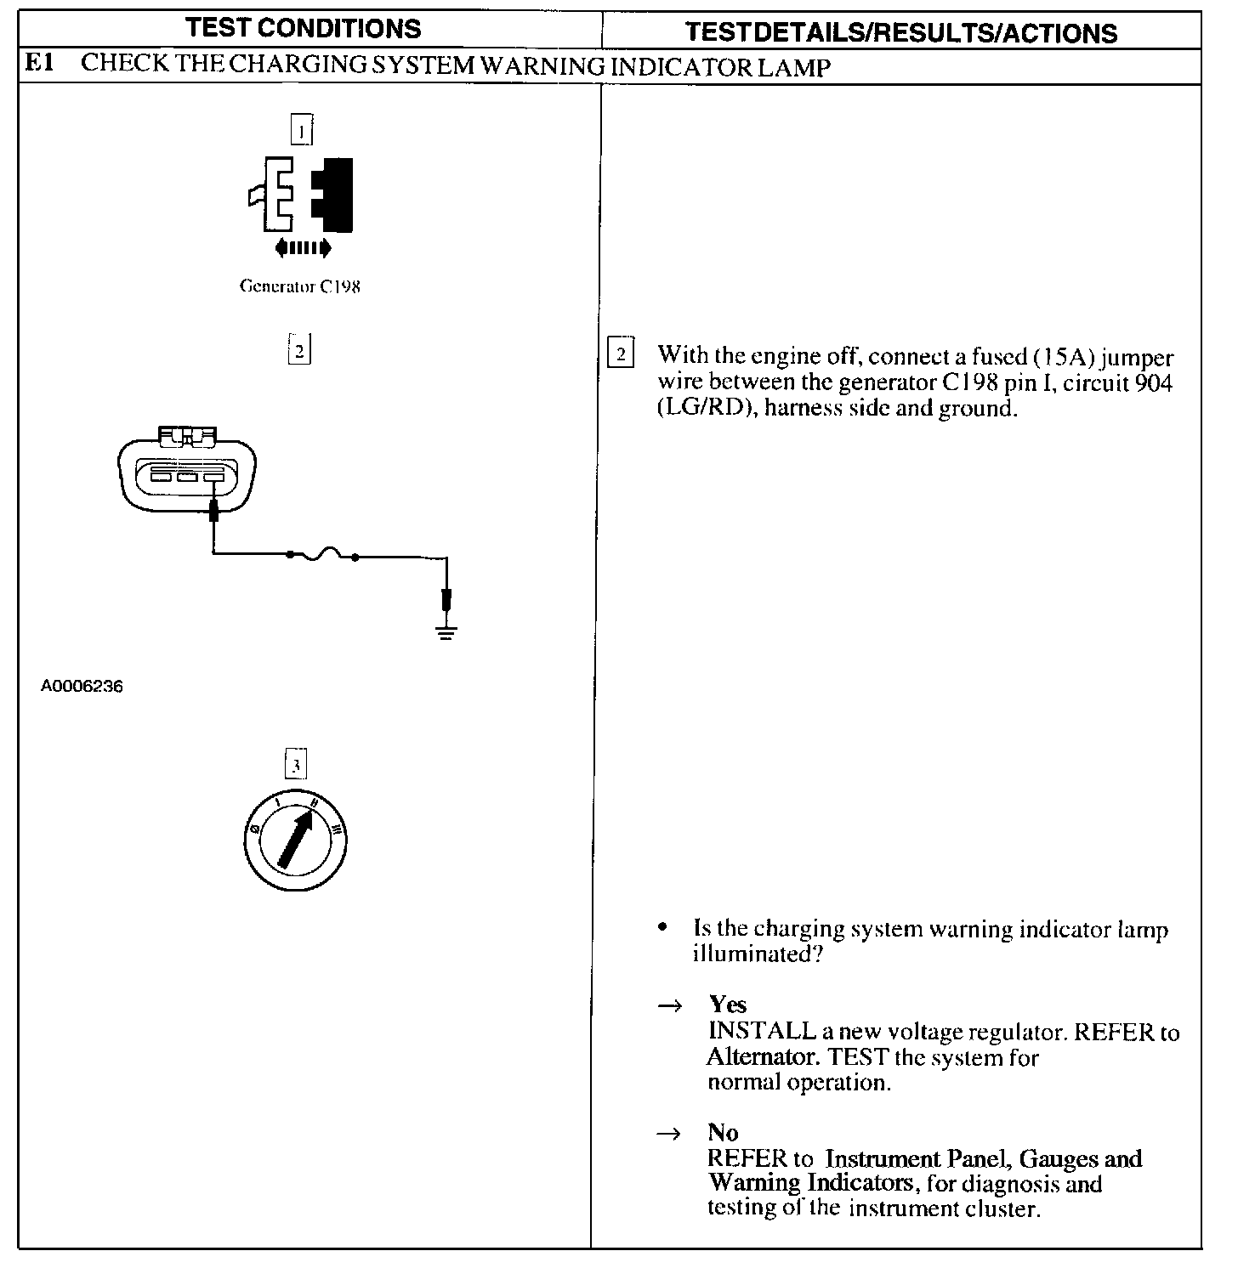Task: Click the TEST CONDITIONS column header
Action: click(304, 28)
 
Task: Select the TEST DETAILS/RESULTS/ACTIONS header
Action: click(901, 32)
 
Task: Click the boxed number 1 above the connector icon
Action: click(301, 130)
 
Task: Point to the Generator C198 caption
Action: click(300, 286)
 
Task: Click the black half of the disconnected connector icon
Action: click(334, 195)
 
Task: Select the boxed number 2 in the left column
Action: click(300, 350)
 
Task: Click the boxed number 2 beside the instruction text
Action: click(621, 354)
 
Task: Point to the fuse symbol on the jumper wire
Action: click(323, 554)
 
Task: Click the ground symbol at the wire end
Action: click(446, 631)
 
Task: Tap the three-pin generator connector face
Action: click(187, 477)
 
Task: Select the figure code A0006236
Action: click(82, 686)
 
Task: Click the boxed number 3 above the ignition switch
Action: click(295, 765)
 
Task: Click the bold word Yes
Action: click(728, 1005)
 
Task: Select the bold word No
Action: click(723, 1132)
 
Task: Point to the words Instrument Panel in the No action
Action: click(918, 1158)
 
